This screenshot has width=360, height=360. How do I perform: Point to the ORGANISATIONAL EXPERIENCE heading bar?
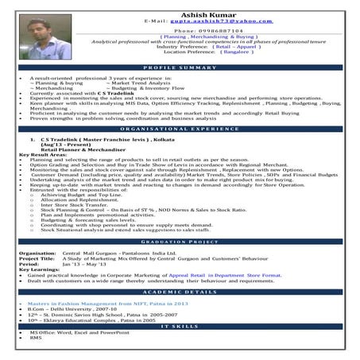click(180, 129)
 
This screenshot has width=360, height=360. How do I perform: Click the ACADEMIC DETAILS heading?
click(180, 292)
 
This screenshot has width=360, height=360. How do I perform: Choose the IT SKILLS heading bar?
click(180, 326)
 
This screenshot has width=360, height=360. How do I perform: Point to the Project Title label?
click(37, 257)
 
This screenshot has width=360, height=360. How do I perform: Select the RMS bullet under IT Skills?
click(36, 337)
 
